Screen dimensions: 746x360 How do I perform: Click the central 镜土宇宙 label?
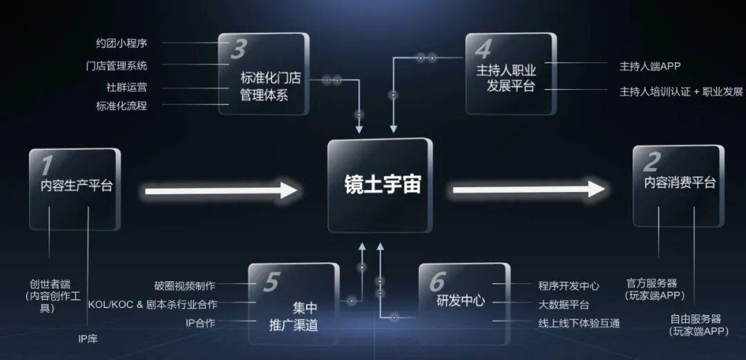pos(383,184)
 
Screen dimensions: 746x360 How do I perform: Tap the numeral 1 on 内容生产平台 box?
pos(46,166)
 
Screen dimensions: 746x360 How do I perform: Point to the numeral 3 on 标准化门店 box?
pos(238,49)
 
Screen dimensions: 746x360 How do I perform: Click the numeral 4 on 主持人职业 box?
pos(484,49)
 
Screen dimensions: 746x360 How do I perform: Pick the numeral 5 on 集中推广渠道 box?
pos(270,283)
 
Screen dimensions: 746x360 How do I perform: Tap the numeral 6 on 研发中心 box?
pos(437,283)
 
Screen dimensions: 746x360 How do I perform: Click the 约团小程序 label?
pos(122,44)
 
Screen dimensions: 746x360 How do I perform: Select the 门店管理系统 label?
pos(117,65)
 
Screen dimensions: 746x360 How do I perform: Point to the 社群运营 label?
pos(126,87)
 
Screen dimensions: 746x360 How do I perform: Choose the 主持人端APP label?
pos(650,66)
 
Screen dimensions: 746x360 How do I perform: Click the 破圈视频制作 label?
pos(184,285)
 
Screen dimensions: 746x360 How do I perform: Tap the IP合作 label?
pos(200,323)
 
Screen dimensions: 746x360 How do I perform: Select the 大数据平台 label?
pos(564,305)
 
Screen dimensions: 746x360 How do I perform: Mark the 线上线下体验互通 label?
pos(579,323)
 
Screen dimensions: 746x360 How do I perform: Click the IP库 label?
pos(88,339)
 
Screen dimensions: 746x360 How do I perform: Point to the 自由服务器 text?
pos(696,319)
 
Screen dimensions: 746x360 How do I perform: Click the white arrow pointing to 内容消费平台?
pos(528,189)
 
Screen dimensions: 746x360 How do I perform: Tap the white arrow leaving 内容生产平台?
pos(221,191)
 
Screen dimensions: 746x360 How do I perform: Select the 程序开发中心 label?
pos(569,285)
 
